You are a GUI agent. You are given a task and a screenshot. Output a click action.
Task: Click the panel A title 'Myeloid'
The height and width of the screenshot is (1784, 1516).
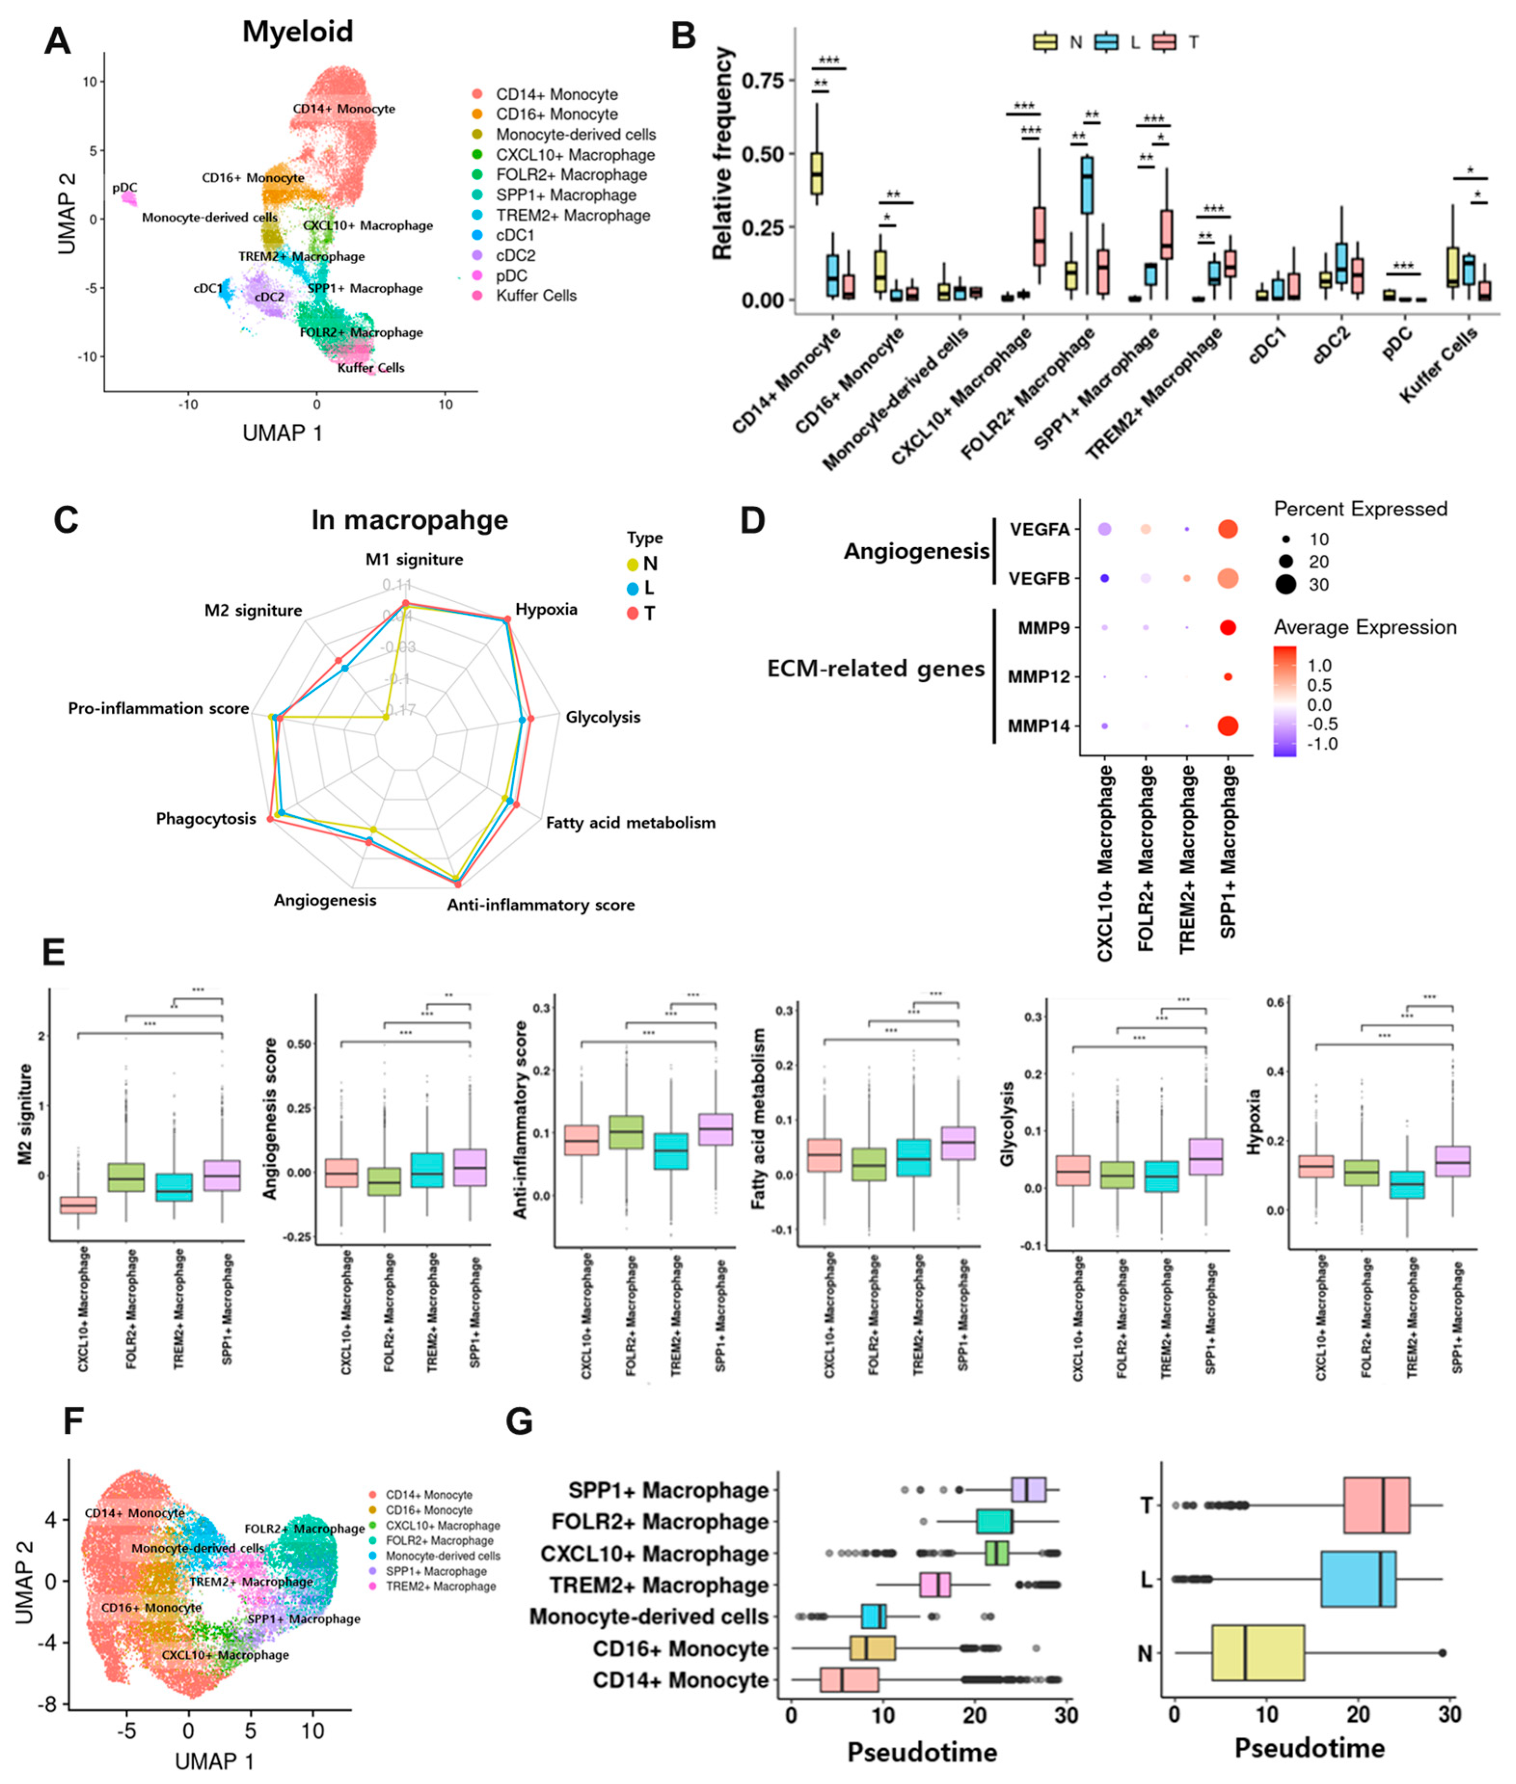tap(297, 32)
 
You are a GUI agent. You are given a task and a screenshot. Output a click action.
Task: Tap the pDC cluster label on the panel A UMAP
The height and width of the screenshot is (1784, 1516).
tap(125, 188)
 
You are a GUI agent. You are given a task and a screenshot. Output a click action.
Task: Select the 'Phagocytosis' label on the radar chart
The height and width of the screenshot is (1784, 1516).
tap(206, 819)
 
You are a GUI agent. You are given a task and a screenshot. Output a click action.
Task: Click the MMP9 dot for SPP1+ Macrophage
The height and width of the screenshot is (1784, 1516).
tap(1227, 628)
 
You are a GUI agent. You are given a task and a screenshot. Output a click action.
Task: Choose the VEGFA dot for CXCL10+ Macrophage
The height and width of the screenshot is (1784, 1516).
tap(1104, 529)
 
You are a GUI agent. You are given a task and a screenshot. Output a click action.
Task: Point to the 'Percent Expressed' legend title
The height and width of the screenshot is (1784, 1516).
tap(1360, 509)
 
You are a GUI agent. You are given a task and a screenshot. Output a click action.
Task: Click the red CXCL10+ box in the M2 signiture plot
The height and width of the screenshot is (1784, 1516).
tap(78, 1204)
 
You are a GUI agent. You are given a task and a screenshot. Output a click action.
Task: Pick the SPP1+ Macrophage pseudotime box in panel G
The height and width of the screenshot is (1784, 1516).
tap(1029, 1490)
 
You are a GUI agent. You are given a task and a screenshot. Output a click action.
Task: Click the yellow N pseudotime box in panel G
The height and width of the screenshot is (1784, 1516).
tap(1257, 1652)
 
